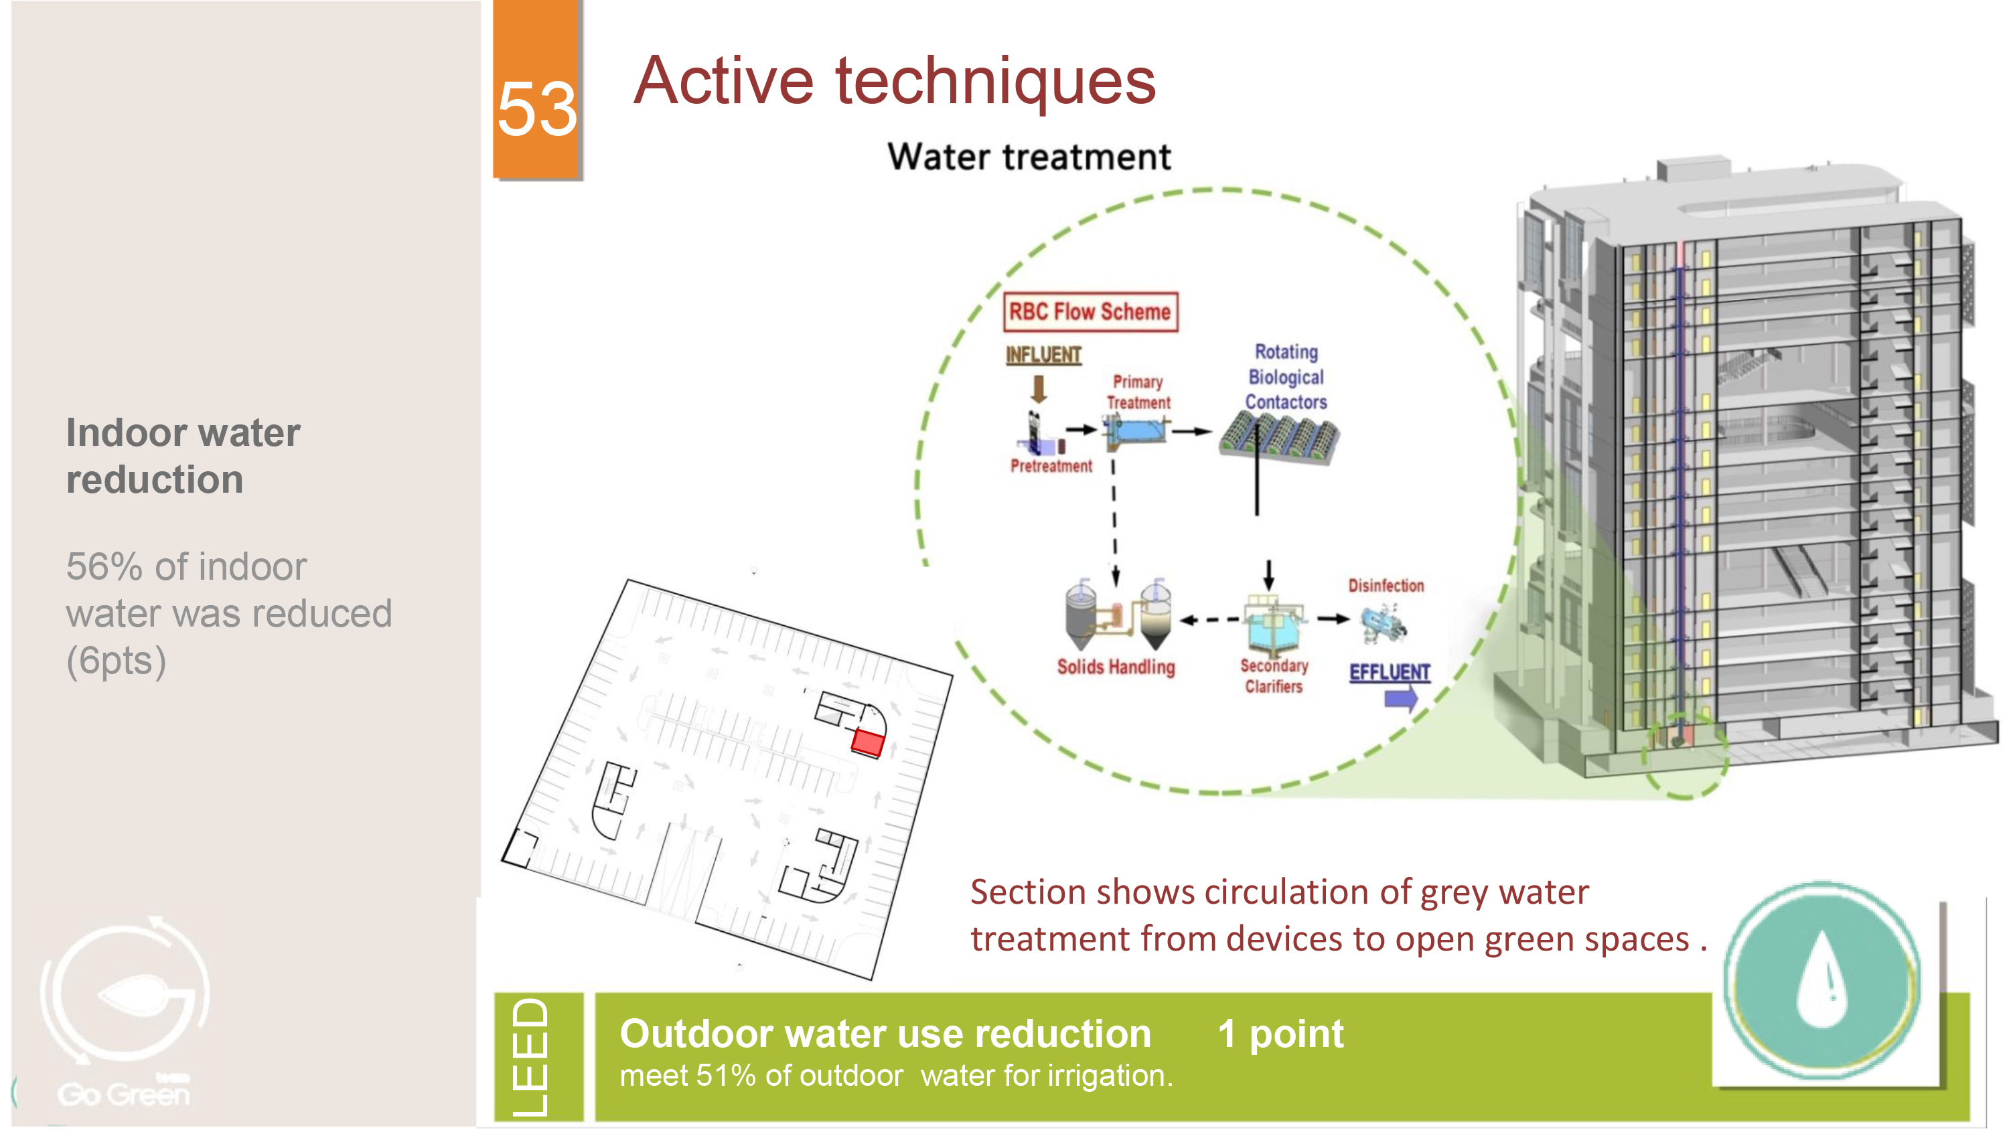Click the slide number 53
[x=537, y=109]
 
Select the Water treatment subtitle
[x=1029, y=157]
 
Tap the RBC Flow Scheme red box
[x=1090, y=312]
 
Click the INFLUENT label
[x=1043, y=355]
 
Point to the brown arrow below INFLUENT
[x=1039, y=388]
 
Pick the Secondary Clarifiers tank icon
[x=1274, y=625]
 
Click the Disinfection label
[x=1386, y=586]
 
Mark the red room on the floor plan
[x=867, y=742]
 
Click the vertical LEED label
[x=531, y=1058]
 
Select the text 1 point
[x=1280, y=1035]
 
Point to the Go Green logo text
[x=124, y=1093]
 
